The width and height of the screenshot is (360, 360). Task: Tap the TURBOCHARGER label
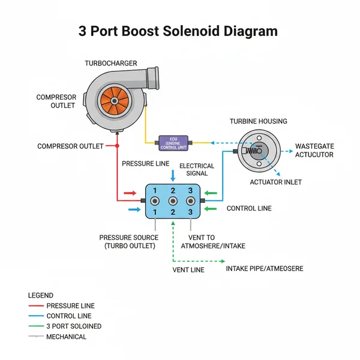[111, 63]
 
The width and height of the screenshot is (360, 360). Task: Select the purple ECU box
[174, 143]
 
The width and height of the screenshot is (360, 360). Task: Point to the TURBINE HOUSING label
[258, 121]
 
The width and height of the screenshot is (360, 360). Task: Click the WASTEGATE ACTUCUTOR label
[314, 150]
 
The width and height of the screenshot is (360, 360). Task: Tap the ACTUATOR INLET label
[275, 182]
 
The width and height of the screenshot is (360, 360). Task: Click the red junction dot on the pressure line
[117, 146]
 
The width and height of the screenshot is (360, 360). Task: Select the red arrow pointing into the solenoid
[129, 193]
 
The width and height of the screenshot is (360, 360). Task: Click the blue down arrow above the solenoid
[173, 175]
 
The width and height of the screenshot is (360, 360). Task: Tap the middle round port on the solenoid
[173, 201]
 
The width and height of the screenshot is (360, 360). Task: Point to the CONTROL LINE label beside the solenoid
[249, 208]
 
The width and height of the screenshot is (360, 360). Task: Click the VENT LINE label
[188, 270]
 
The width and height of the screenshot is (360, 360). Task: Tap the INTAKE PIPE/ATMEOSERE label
[264, 268]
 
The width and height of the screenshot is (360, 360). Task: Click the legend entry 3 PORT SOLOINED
[73, 326]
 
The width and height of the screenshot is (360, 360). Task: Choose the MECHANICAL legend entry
[66, 337]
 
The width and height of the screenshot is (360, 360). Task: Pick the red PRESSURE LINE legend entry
[70, 305]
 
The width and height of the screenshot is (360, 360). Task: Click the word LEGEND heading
[41, 295]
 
